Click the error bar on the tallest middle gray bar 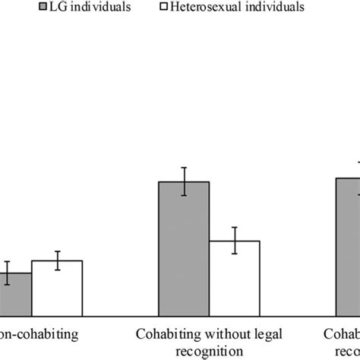(184, 182)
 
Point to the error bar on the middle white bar (235, 241)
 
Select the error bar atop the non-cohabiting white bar (57, 261)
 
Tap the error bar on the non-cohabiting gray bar (8, 273)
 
